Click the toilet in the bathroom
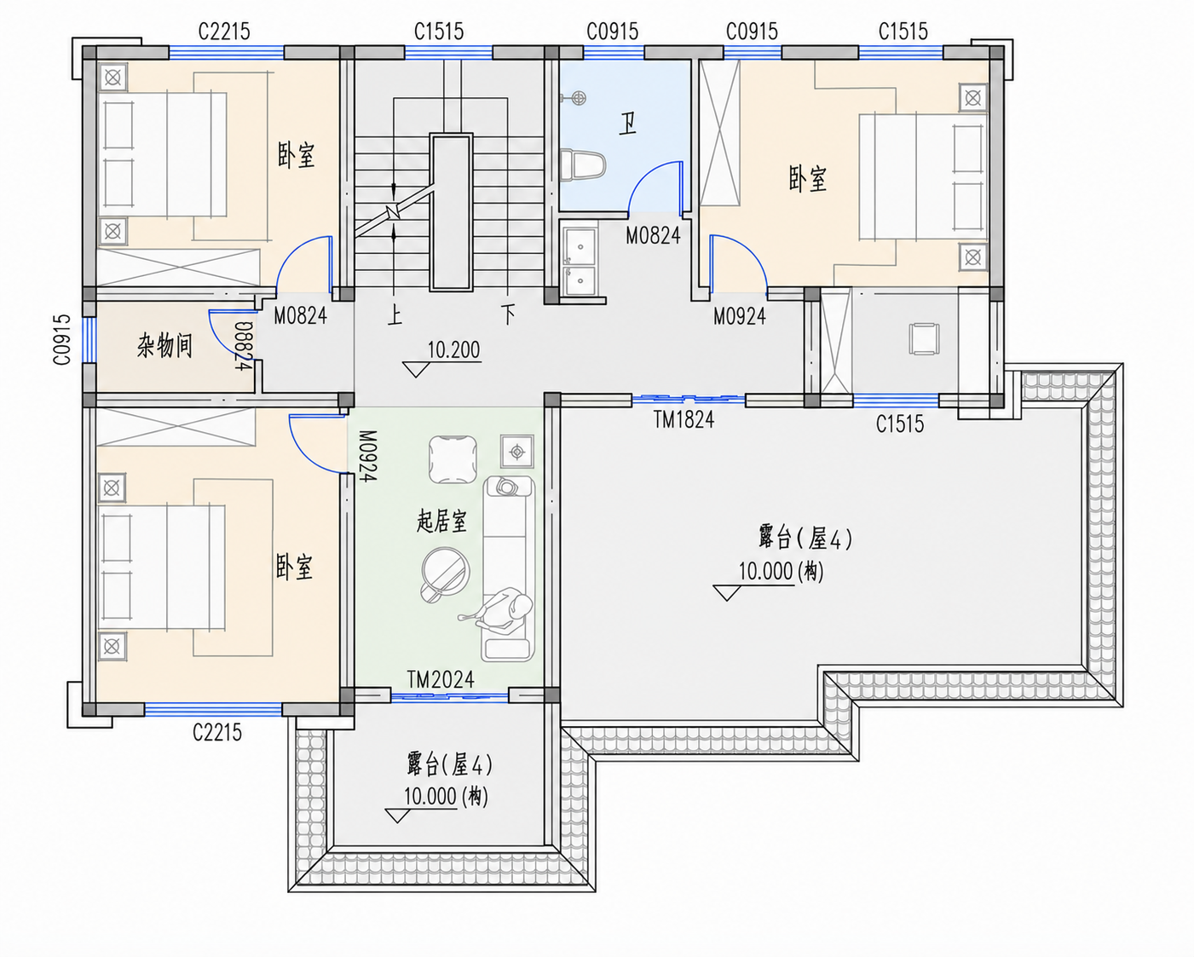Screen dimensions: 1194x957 [583, 164]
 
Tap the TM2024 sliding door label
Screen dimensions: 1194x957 [441, 679]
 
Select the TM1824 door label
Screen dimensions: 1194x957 [684, 420]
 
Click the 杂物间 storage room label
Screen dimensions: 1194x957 [164, 346]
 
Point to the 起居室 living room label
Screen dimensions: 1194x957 [441, 522]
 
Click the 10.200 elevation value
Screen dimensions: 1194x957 [453, 350]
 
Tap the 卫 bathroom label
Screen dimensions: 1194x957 [627, 124]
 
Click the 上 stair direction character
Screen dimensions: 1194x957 [395, 316]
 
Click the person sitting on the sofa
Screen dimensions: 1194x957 [504, 610]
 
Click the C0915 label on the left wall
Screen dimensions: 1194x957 [62, 339]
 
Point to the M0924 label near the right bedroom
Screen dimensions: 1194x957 [740, 316]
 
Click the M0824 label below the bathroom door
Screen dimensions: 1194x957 [653, 236]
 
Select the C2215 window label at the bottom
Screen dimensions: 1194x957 [217, 732]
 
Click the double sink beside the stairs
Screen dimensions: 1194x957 [580, 260]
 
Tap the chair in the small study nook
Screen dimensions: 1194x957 [924, 339]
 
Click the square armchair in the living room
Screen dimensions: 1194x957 [453, 459]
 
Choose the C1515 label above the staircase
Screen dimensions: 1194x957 [438, 31]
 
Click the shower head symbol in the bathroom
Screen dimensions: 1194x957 [577, 99]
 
